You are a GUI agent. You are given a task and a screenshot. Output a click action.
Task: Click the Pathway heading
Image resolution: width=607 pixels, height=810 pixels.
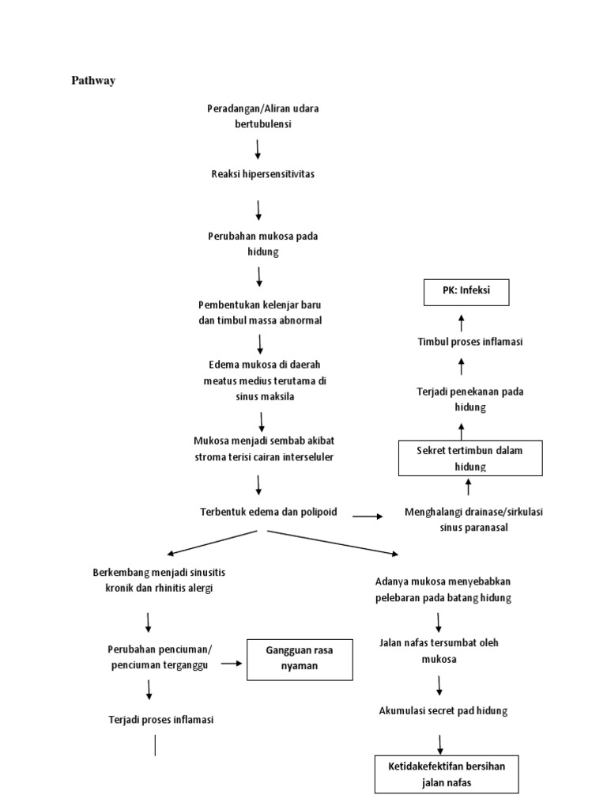pyautogui.click(x=93, y=80)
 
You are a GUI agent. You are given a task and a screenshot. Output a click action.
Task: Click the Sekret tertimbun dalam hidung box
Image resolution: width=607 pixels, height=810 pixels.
pyautogui.click(x=469, y=458)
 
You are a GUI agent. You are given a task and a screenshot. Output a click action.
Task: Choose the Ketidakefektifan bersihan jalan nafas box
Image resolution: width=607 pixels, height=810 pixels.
pyautogui.click(x=447, y=774)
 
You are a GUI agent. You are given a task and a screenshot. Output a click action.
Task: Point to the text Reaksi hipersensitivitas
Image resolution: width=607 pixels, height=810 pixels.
pyautogui.click(x=262, y=174)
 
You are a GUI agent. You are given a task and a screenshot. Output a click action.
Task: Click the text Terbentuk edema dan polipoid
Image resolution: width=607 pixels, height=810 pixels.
pyautogui.click(x=269, y=512)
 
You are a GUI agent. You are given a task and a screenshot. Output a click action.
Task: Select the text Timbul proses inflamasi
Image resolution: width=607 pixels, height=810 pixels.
pyautogui.click(x=470, y=342)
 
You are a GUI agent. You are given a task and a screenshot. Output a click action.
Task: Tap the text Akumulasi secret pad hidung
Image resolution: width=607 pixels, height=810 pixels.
pyautogui.click(x=443, y=710)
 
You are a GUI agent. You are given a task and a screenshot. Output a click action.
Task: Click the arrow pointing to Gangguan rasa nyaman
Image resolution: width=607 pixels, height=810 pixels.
pyautogui.click(x=231, y=664)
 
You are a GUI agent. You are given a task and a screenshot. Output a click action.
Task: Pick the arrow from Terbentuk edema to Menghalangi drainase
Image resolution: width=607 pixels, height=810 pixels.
pyautogui.click(x=367, y=516)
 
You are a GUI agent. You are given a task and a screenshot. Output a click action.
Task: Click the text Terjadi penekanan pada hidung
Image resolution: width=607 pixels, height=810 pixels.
pyautogui.click(x=470, y=399)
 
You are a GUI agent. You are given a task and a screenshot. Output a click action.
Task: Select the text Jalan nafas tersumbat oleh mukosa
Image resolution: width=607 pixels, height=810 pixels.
pyautogui.click(x=439, y=650)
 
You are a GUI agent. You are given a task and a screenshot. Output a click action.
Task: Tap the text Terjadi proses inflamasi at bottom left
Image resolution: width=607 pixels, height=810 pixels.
pyautogui.click(x=161, y=720)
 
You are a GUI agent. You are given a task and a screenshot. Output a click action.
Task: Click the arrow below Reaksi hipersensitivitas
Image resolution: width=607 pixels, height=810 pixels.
pyautogui.click(x=258, y=210)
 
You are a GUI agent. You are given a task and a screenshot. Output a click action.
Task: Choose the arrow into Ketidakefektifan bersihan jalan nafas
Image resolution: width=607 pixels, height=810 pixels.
pyautogui.click(x=439, y=744)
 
